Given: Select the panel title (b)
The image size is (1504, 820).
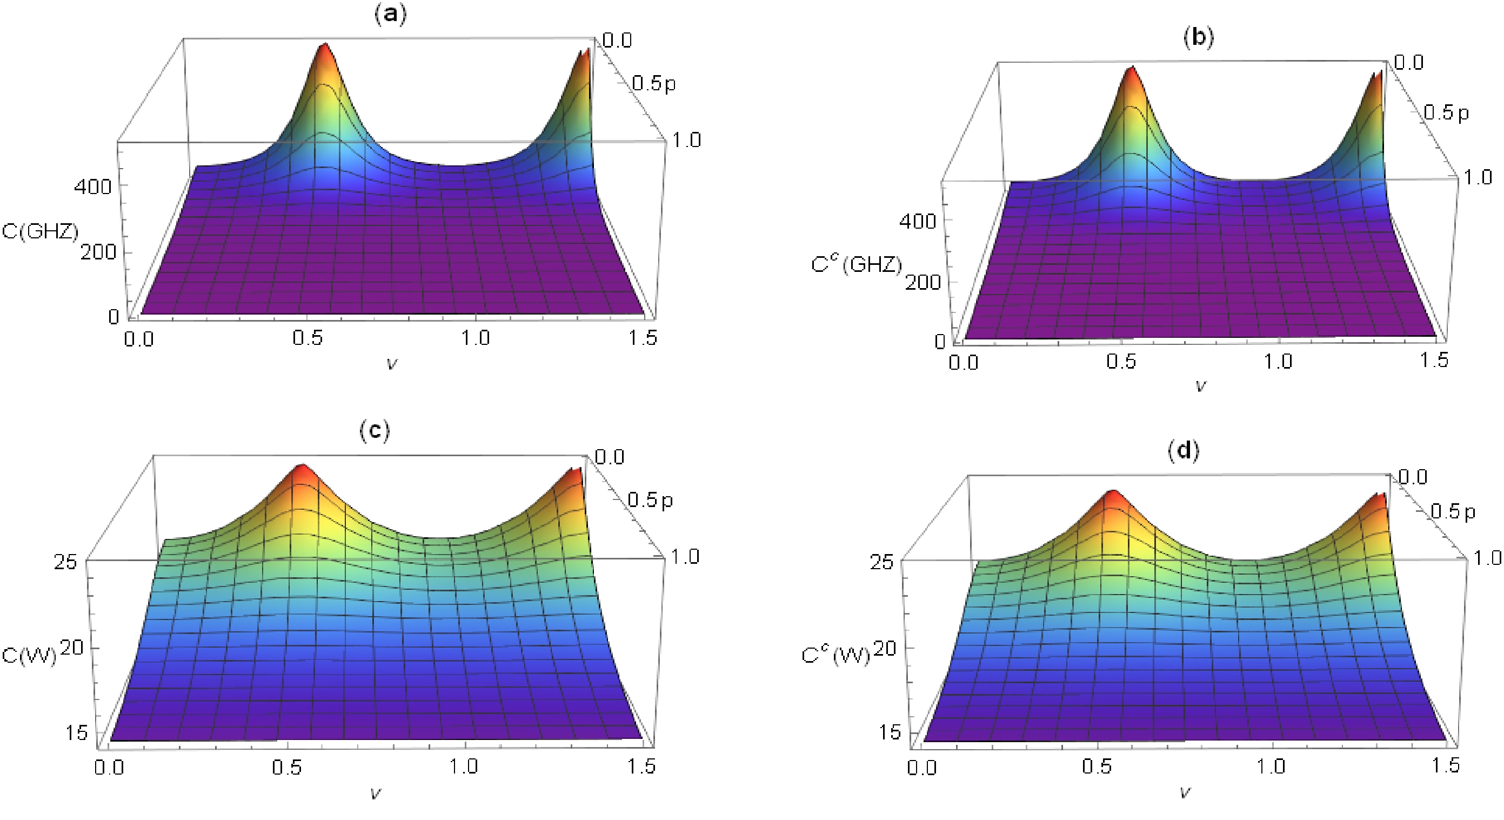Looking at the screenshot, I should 1198,38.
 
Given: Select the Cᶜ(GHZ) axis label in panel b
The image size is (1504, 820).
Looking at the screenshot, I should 856,264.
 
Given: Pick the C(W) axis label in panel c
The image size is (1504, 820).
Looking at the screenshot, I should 29,655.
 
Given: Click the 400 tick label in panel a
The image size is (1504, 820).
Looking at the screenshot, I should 92,187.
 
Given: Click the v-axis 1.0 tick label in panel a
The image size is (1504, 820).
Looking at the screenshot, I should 475,338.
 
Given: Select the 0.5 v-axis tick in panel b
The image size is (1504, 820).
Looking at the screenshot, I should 1121,362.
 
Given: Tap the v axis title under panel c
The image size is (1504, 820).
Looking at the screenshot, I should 376,793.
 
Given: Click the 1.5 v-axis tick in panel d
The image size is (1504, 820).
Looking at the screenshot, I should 1446,765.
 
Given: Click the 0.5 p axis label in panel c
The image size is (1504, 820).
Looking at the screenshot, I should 650,501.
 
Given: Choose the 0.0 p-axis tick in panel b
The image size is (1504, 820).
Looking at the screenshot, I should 1408,63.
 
